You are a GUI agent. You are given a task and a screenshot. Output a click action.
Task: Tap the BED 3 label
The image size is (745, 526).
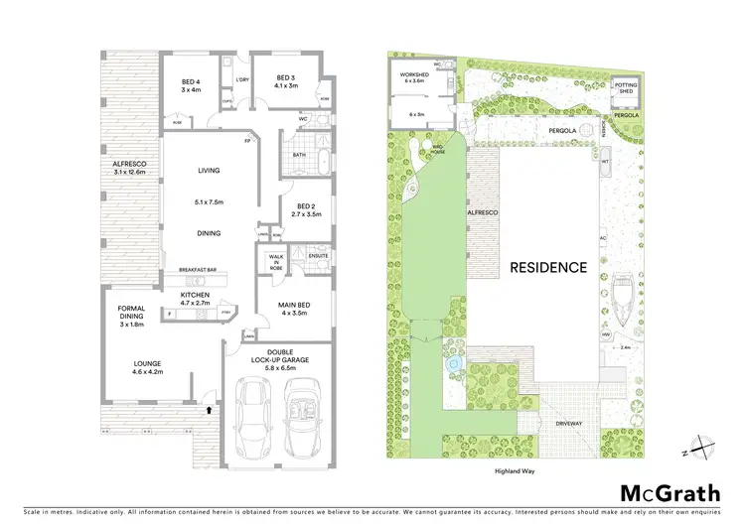pyautogui.click(x=286, y=77)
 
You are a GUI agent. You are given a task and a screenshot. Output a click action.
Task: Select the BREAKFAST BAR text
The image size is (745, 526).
pyautogui.click(x=197, y=270)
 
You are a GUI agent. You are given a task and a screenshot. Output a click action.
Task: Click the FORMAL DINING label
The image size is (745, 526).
pyautogui.click(x=131, y=314)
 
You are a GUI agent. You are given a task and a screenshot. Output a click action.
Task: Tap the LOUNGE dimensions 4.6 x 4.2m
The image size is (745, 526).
pyautogui.click(x=148, y=373)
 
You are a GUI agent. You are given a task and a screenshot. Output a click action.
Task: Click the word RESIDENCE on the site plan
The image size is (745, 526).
pyautogui.click(x=548, y=267)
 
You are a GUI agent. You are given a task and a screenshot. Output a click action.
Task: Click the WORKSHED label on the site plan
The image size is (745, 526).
pyautogui.click(x=414, y=74)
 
